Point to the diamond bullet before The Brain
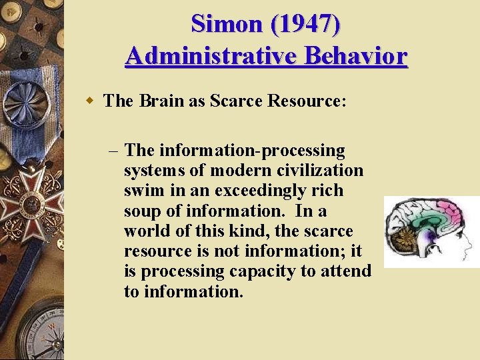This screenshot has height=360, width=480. [x=89, y=101]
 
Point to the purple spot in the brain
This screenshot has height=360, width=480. [x=433, y=235]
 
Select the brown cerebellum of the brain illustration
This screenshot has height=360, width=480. [x=406, y=239]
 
